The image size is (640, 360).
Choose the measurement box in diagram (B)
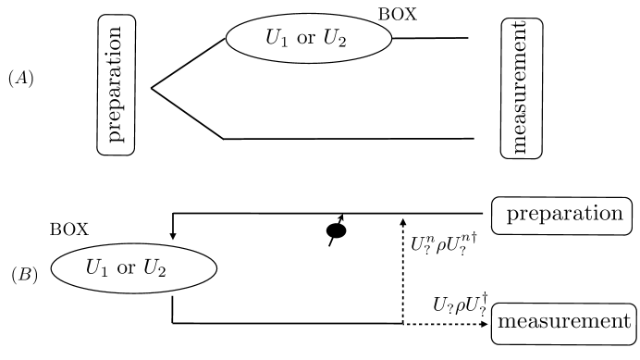(x=565, y=322)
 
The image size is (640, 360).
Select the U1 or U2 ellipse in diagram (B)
(x=134, y=267)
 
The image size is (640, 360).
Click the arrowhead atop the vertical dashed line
(x=403, y=220)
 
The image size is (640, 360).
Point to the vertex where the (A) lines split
(x=152, y=89)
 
